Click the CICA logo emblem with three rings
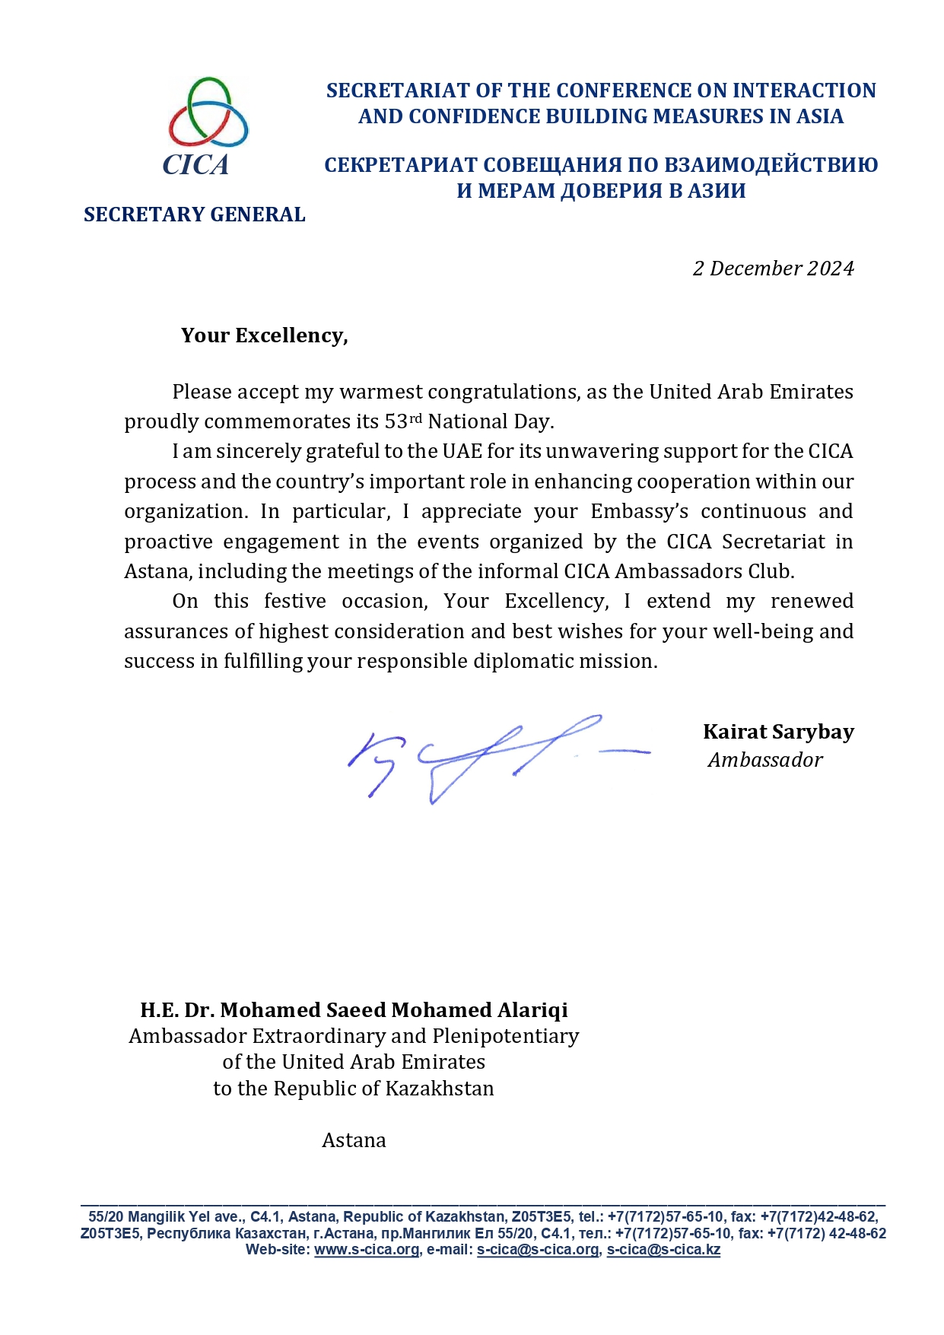tap(208, 112)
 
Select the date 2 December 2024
tap(773, 269)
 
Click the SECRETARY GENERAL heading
tap(194, 215)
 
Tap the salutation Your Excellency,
tap(264, 335)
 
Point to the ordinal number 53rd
tap(403, 421)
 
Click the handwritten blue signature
tap(487, 757)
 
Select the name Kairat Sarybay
tap(778, 732)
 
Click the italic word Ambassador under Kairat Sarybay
tap(765, 760)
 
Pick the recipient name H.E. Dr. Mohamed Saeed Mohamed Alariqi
tap(354, 1010)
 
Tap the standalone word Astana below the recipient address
tap(354, 1140)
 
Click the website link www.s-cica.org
tap(367, 1250)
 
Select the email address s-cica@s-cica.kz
tap(663, 1250)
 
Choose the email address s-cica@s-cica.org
tap(538, 1250)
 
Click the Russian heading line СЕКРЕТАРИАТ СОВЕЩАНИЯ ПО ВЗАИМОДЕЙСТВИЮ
tap(601, 165)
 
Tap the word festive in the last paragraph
tap(294, 601)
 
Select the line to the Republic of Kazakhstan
tap(354, 1089)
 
